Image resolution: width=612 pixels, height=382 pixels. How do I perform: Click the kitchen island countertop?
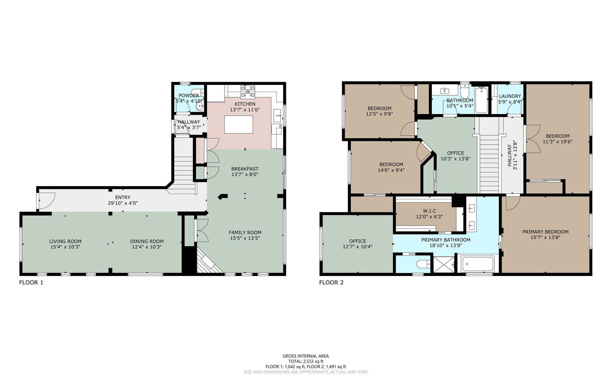point(238,125)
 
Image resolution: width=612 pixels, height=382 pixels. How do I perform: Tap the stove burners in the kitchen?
point(248,92)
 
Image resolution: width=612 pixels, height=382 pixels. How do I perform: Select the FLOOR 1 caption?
point(31,283)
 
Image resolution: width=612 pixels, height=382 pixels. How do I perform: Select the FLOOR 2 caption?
point(331,283)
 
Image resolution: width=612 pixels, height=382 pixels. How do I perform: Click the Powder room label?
point(189,96)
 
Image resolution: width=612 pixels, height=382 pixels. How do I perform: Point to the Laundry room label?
point(510,96)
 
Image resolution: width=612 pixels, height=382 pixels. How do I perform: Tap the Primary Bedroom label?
point(545,232)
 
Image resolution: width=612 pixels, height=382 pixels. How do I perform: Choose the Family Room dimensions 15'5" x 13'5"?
point(245,238)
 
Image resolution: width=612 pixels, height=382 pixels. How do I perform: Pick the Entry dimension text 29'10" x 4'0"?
point(123,203)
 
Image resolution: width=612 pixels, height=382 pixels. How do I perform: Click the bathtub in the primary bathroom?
point(478,264)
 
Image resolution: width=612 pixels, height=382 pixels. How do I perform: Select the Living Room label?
point(65,241)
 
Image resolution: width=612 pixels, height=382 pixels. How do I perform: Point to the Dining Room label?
point(147,241)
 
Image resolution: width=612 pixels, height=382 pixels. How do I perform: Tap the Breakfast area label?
point(245,169)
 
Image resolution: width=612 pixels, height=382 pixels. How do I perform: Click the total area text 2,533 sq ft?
point(306,361)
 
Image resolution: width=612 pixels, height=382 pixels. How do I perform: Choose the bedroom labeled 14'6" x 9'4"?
point(391,167)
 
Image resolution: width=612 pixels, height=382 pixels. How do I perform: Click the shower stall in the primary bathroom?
point(444,264)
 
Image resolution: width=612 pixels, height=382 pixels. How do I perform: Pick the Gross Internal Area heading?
point(306,356)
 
